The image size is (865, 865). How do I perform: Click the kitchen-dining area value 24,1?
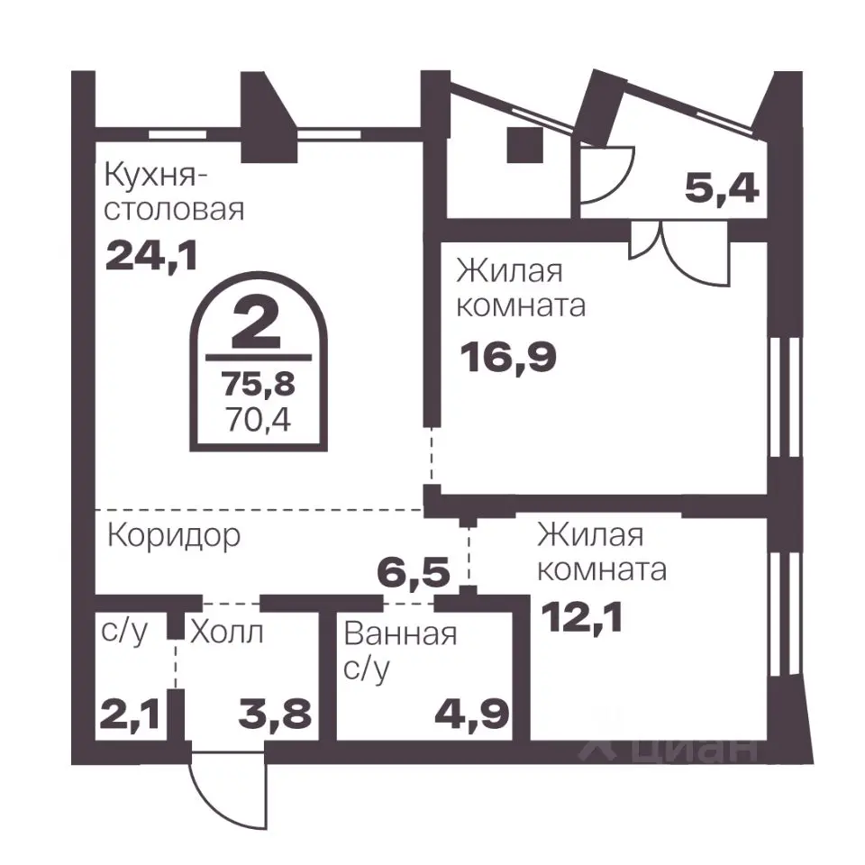(x=150, y=256)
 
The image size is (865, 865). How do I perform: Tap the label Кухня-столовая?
(x=175, y=190)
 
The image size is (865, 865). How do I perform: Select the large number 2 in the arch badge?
(x=258, y=326)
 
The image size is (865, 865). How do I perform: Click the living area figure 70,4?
(x=258, y=420)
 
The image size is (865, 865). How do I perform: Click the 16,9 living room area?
(x=508, y=358)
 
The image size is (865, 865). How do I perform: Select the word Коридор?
(x=174, y=535)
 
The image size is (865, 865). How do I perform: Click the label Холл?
(x=227, y=633)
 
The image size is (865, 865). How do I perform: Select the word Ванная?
(x=400, y=633)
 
